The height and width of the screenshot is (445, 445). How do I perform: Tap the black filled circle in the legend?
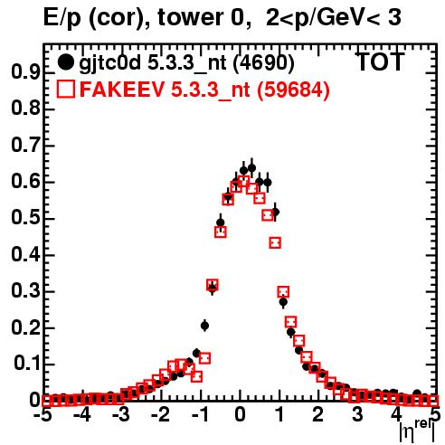pos(65,62)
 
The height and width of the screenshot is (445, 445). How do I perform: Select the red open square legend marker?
pos(65,90)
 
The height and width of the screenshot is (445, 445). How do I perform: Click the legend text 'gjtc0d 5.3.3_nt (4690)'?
pos(186,64)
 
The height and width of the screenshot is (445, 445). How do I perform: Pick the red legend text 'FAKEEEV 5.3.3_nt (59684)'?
pos(204,90)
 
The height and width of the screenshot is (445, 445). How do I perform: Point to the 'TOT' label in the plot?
pos(380,62)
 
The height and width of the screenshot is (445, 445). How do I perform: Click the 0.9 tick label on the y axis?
pos(25,72)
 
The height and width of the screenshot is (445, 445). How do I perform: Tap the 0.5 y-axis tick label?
pos(25,218)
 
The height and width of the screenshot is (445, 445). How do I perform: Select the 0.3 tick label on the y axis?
pos(25,291)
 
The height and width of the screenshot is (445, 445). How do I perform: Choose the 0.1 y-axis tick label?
pos(27,364)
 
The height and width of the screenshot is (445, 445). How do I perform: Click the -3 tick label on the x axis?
pos(121,414)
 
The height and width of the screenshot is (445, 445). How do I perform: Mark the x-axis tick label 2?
pos(318,414)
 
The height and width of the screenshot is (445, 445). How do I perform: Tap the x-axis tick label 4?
pos(397,414)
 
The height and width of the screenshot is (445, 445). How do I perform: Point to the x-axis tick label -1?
pos(200,414)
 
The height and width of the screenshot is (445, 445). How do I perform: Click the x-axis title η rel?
pos(417,431)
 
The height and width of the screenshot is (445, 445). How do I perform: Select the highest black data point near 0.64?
pos(251,168)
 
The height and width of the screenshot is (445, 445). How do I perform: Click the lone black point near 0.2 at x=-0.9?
pos(204,326)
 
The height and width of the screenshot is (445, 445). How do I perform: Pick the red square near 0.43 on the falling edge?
pos(275,242)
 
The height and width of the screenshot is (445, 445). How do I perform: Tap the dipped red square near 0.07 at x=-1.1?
pos(196,376)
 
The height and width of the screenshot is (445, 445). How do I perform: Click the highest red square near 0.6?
pos(243,182)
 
